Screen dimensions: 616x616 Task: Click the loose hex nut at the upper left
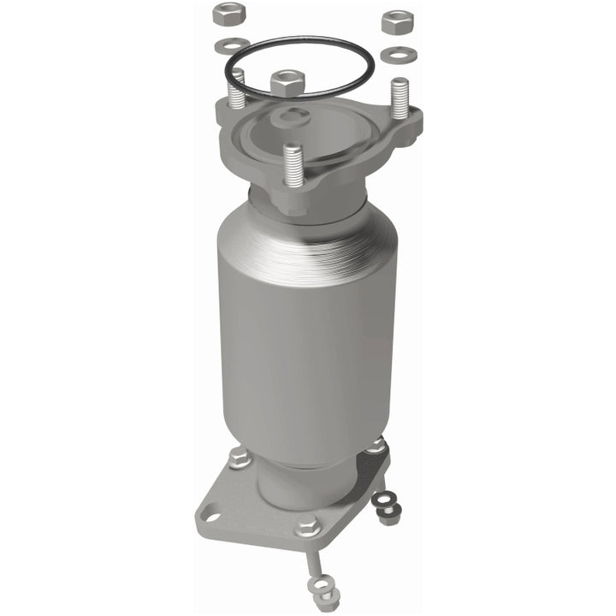click(x=228, y=15)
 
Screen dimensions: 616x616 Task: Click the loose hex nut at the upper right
click(x=398, y=21)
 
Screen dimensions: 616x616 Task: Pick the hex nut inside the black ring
click(x=287, y=83)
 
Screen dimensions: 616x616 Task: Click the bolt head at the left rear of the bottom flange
click(x=240, y=459)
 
